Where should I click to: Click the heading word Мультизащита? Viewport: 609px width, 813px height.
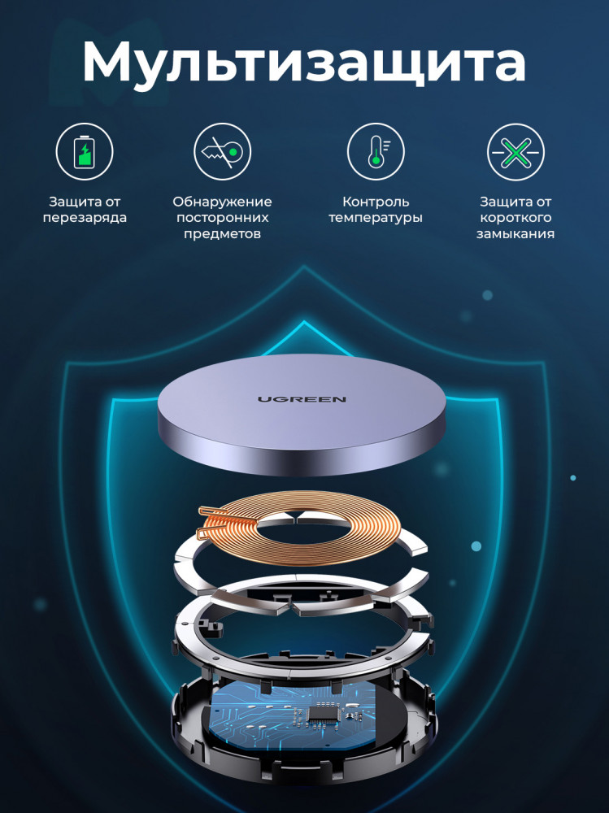(304, 63)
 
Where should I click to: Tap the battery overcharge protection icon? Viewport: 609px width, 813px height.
(85, 151)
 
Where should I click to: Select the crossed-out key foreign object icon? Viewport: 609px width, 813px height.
(223, 151)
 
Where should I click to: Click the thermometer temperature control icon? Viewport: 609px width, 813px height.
(376, 151)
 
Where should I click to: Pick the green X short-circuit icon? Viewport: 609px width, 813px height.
(515, 152)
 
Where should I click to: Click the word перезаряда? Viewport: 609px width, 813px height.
(85, 217)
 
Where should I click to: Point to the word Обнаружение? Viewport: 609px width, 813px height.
(222, 202)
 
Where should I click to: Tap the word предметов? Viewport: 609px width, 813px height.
(222, 234)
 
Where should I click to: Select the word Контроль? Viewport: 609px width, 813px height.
(376, 201)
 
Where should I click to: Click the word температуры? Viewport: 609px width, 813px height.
(376, 218)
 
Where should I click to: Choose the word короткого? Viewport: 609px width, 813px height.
(515, 218)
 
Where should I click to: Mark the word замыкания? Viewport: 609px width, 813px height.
(515, 234)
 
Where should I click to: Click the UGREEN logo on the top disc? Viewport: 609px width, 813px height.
(302, 398)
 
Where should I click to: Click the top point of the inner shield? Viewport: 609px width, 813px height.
(304, 322)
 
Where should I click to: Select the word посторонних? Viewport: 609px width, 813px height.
(222, 218)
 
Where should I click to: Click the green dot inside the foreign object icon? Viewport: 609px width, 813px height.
(233, 152)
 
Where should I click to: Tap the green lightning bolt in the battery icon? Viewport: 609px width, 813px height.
(85, 154)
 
